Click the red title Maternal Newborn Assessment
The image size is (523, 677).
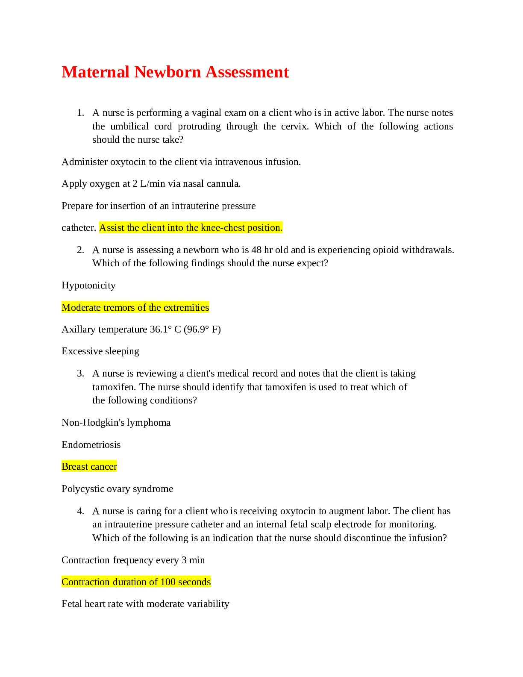coord(175,72)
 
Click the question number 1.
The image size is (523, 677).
coord(80,113)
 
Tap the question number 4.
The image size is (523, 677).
coord(80,511)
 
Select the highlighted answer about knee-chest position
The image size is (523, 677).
coord(191,228)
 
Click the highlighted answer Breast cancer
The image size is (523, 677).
coord(89,467)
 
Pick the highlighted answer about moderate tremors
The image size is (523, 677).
coord(135,308)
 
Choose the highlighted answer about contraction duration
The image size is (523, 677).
coord(136,582)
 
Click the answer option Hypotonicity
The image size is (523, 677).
coord(88,286)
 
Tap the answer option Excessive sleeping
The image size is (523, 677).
coord(100,351)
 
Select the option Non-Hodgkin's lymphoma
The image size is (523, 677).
coord(116,423)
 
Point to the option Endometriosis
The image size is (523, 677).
coord(91,445)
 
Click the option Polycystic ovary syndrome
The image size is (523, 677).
coord(117,489)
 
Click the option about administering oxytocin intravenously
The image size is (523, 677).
coord(181,162)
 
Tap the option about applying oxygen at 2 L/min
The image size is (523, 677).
coord(151,184)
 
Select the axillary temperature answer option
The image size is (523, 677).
coord(141,330)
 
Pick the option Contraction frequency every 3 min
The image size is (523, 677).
coord(133,560)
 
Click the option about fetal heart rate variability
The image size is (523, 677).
coord(145,604)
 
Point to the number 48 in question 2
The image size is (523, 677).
coord(256,250)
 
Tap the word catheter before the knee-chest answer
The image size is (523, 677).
coord(79,228)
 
